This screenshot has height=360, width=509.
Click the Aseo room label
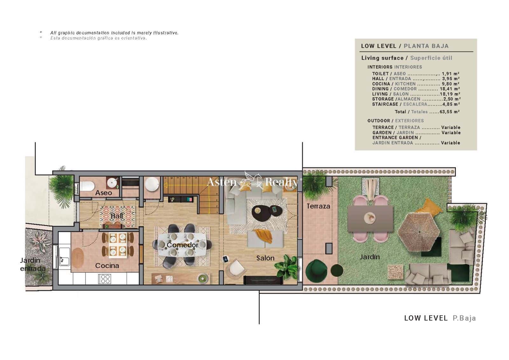(x=103, y=193)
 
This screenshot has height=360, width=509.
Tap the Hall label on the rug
(x=117, y=216)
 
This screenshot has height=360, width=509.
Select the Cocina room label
(x=107, y=266)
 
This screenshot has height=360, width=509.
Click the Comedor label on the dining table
(x=182, y=245)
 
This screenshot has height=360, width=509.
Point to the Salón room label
(x=265, y=258)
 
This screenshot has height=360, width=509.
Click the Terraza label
(x=318, y=206)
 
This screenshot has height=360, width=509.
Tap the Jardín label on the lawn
(x=370, y=257)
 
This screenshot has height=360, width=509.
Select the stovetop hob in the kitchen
(x=105, y=279)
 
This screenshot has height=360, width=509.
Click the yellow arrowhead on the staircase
(x=165, y=185)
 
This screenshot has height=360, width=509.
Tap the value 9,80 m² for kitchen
(x=450, y=84)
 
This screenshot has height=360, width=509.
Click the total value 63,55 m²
(x=450, y=112)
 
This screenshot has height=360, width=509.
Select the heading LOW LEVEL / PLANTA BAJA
(x=405, y=46)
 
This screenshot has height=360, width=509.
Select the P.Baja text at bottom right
(x=464, y=318)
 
